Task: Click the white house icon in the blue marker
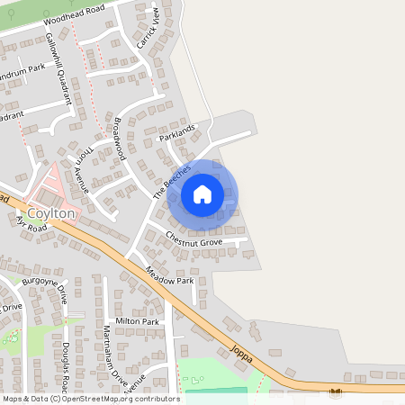pos(202,193)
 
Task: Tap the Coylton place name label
pos(51,213)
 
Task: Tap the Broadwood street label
pos(118,139)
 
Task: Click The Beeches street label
pos(172,182)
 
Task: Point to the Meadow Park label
pos(169,269)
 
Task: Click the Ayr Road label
pos(31,222)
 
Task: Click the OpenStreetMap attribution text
pos(90,398)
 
